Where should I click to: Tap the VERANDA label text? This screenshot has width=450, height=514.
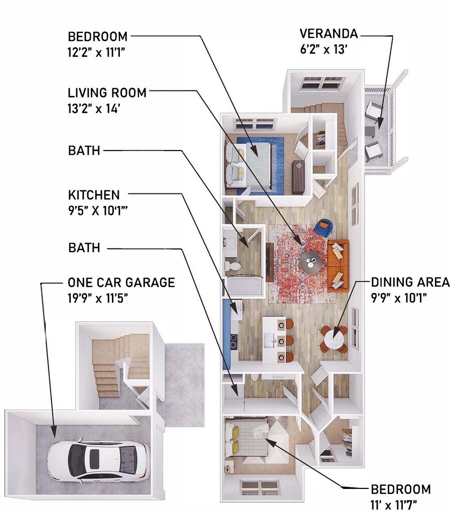329,34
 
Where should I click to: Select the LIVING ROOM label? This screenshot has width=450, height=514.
107,93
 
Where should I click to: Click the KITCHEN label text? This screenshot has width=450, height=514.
94,195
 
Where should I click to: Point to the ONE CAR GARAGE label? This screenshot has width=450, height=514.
121,283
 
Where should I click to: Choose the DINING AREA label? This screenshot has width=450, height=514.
410,283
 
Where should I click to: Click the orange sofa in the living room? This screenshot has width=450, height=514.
338,265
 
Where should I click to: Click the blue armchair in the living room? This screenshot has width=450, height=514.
324,228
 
